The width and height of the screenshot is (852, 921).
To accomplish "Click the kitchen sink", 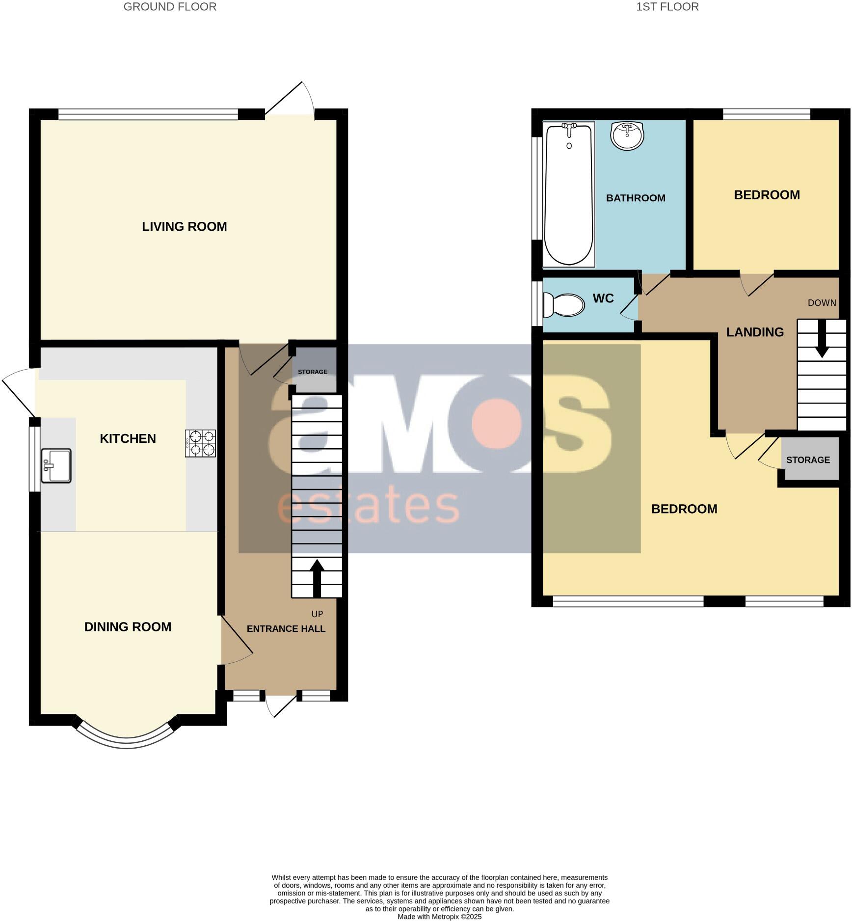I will point(56,465).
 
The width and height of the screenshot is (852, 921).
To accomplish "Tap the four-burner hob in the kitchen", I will point(200,443).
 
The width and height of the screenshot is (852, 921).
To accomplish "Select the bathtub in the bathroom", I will point(569,194).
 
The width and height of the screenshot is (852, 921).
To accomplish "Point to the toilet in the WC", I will point(565,305).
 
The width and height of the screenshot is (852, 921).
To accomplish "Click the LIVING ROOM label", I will point(185,226).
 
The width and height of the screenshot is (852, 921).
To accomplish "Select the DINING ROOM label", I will point(128,626).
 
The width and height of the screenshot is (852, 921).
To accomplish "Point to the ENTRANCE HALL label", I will point(286,628).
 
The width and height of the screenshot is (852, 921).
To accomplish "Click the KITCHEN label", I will point(128,438).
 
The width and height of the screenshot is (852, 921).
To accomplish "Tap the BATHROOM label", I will point(636,198).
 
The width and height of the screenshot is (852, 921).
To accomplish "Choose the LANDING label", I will point(755,332).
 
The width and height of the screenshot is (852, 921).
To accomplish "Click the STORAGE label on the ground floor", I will point(313,372).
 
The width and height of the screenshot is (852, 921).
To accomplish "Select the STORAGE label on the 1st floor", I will point(808,460).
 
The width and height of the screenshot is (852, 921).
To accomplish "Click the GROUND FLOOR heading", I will point(170,7).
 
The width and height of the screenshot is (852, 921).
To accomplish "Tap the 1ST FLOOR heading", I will point(667,7).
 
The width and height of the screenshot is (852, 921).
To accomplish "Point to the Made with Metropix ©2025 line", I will point(439,917).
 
